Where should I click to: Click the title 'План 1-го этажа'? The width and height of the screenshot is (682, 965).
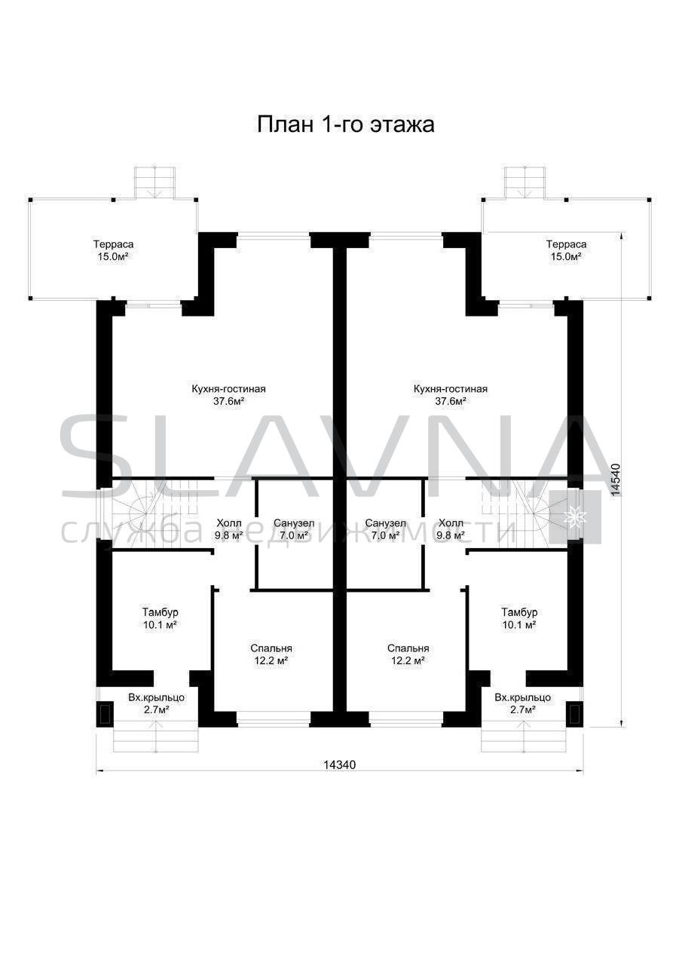coord(346,125)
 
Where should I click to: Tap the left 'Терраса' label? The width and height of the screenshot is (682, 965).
coord(114,244)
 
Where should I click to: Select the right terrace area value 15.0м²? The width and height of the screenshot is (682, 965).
coord(566,257)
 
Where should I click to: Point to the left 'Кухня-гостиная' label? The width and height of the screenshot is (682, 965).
coord(228,389)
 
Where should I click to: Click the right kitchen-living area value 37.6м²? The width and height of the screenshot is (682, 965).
coord(451,402)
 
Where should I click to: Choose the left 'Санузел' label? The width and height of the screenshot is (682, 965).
coord(294,523)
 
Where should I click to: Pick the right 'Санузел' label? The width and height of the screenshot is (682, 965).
coord(386,523)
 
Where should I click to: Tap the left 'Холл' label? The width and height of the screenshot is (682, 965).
coord(229,523)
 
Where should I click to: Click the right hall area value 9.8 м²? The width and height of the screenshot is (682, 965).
coord(451,536)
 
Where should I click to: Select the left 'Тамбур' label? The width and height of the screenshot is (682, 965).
coord(161,612)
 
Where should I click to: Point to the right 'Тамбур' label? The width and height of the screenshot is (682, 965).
coord(519,612)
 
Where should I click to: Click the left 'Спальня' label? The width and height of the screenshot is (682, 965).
coord(271,648)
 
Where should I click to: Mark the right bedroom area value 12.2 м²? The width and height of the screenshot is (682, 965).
coord(408,661)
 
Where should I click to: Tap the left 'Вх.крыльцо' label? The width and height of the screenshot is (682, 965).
coord(156,697)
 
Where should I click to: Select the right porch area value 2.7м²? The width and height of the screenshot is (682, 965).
coord(523,709)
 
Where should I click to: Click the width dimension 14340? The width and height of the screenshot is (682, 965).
coord(339,764)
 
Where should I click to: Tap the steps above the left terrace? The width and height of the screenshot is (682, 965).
coord(154,183)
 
